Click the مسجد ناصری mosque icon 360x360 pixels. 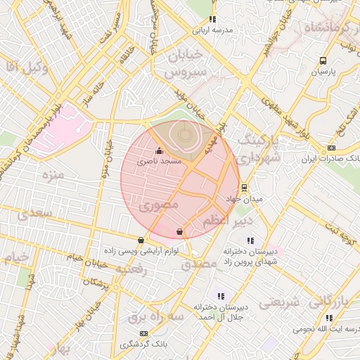159,150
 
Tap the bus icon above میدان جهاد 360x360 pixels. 244,188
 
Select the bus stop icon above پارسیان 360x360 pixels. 323,60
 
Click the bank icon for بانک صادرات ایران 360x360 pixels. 331,148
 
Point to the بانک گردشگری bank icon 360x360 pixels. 143,333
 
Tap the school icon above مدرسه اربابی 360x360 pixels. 212,19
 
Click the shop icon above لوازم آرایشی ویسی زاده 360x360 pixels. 142,239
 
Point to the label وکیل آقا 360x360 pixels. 25,67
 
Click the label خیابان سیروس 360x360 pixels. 186,63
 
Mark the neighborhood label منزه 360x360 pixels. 53,174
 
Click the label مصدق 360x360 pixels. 199,264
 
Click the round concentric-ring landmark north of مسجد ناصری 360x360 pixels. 184,133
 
